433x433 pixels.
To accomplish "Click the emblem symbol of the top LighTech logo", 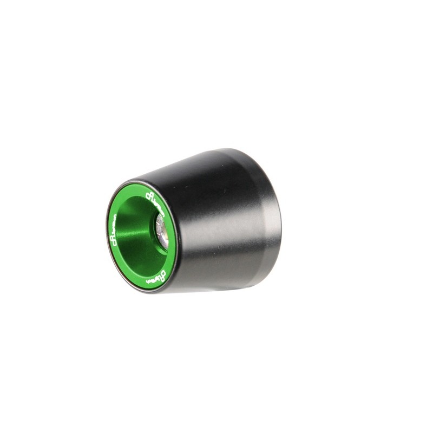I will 148,194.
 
